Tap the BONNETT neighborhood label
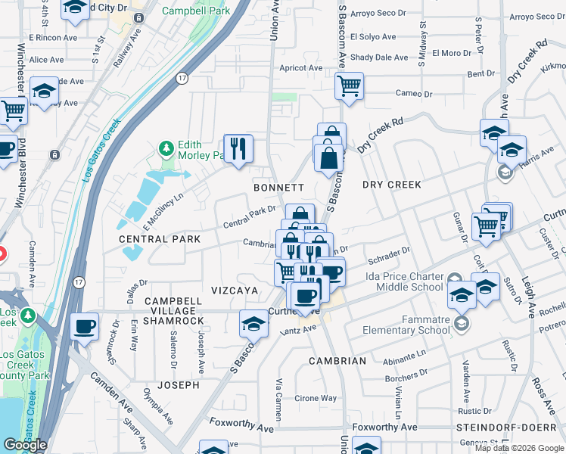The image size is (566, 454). (x=278, y=187)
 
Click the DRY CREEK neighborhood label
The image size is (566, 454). (x=391, y=185)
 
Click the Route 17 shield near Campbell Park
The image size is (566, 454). (x=182, y=78)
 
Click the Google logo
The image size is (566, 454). (x=25, y=445)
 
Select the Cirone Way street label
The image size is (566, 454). (x=316, y=398)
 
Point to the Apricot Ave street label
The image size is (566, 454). (x=301, y=67)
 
